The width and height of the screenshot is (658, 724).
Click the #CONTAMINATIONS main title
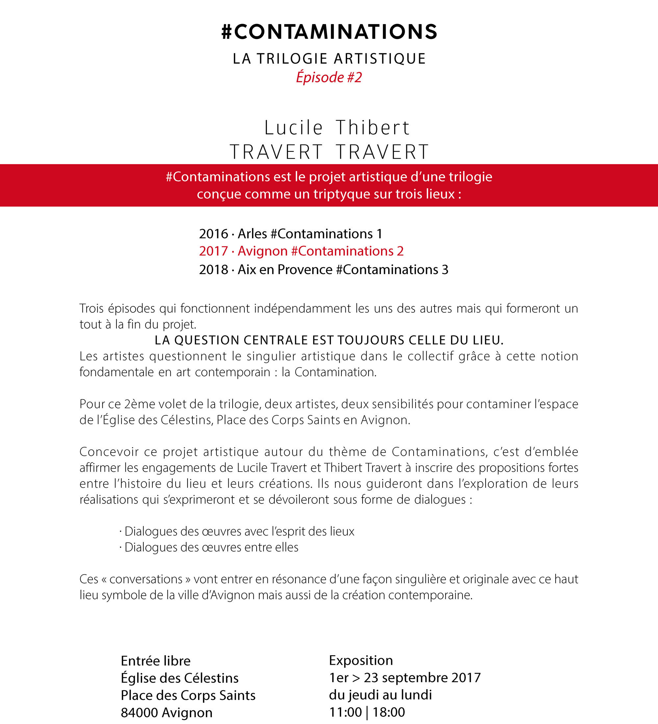point(329,32)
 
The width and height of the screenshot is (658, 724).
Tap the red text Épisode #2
point(329,77)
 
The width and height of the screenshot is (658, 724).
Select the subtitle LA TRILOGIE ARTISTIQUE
point(329,59)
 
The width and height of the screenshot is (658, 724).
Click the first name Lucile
point(294,128)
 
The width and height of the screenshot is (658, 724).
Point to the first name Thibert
point(373,128)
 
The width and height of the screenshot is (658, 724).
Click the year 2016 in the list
point(214,234)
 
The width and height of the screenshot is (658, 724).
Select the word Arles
point(252,234)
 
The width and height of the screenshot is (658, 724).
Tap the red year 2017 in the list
point(214,251)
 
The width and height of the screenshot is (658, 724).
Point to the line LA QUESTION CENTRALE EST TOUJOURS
point(329,340)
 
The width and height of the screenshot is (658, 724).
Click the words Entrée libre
point(155,661)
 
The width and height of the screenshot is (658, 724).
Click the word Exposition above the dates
point(361,660)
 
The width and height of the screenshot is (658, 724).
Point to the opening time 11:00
point(345,712)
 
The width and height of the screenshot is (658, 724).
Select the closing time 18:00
point(389,712)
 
